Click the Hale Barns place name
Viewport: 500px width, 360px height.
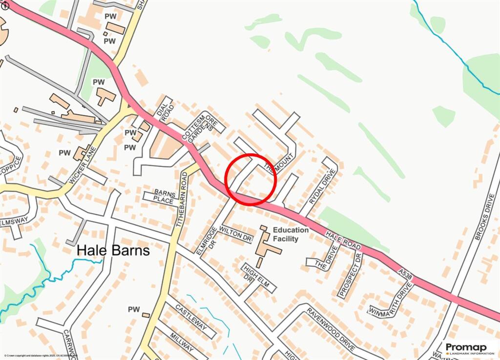(113, 251)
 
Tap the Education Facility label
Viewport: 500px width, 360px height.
(291, 234)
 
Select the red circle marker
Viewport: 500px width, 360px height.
(251, 179)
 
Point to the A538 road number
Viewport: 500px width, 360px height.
(405, 275)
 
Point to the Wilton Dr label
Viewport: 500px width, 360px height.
(236, 234)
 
